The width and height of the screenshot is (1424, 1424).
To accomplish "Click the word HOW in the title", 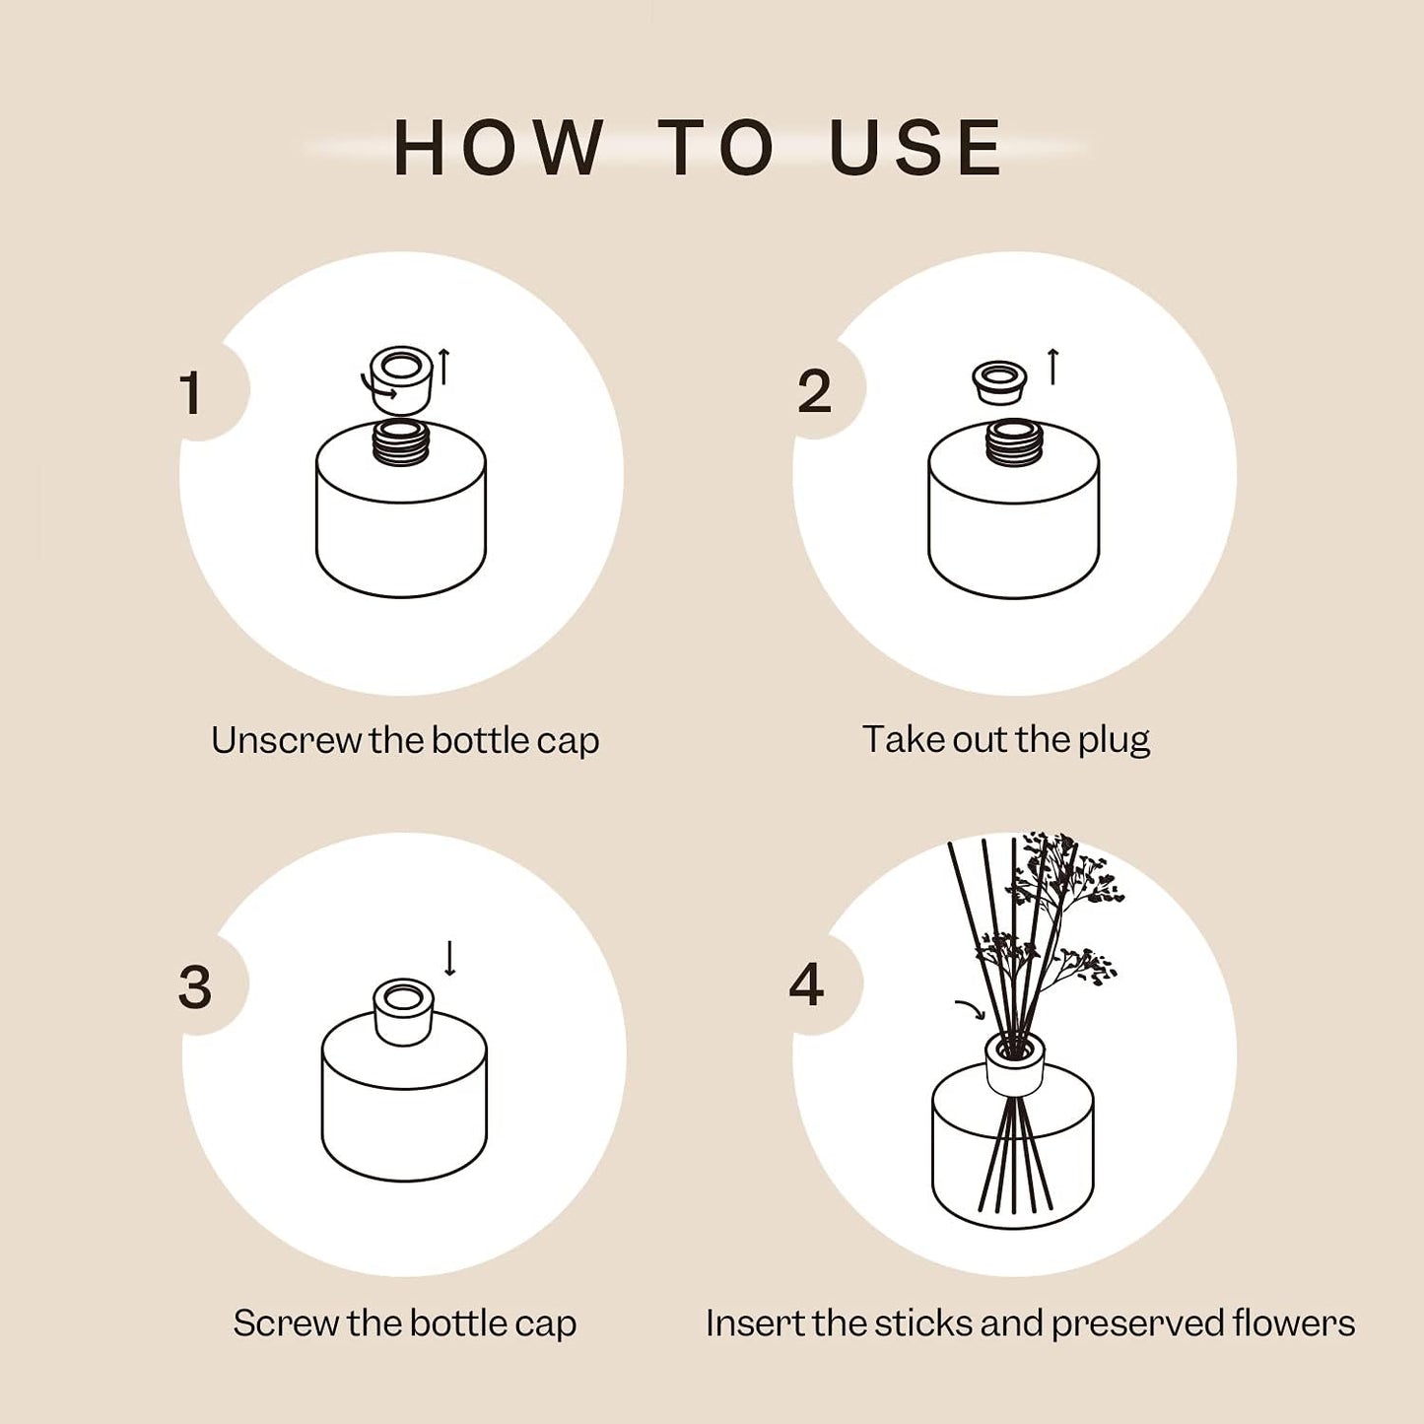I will (x=498, y=148).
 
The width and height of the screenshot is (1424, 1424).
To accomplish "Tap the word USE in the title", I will (x=915, y=148).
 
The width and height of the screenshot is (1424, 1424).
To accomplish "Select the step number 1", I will (x=191, y=393).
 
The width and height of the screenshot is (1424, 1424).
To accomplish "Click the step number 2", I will (x=814, y=392).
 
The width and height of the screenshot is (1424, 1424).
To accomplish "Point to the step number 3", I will (x=195, y=986).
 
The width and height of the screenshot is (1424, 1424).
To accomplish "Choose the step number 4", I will (x=806, y=984).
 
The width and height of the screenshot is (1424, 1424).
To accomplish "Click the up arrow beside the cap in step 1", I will (x=444, y=367).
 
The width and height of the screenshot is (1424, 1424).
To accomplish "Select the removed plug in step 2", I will (x=999, y=380).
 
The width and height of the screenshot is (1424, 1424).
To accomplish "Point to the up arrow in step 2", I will (x=1052, y=367).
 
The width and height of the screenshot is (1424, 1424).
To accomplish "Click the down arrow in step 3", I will (x=450, y=957).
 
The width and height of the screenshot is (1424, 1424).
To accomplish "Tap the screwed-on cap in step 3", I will (x=403, y=1010).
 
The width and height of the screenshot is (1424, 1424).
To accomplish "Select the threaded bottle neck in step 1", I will (x=401, y=442).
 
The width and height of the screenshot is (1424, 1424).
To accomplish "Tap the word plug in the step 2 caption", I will (x=1114, y=740).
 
